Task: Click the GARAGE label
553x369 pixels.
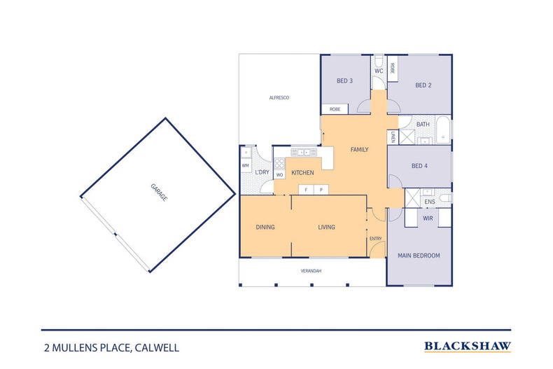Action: (x=157, y=194)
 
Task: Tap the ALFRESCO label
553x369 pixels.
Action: (x=279, y=97)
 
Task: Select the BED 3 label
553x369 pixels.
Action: (x=344, y=81)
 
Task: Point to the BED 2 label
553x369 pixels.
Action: (x=423, y=85)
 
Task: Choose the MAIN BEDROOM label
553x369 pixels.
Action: (x=419, y=256)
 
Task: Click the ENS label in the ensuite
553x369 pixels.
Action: (x=430, y=202)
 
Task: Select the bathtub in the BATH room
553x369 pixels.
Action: (x=443, y=131)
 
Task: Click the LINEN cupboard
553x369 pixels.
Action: (x=393, y=138)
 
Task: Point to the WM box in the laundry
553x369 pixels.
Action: (x=246, y=165)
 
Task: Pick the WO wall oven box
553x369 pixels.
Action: (x=279, y=174)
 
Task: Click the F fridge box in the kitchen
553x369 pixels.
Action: (x=306, y=190)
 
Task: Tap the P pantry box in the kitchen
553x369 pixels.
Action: (x=321, y=190)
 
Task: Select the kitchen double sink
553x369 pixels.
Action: (x=305, y=151)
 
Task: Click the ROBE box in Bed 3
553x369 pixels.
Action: (x=335, y=109)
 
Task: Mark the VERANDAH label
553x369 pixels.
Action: (x=311, y=270)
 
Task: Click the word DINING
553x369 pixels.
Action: (x=265, y=227)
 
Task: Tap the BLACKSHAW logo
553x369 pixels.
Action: (x=468, y=346)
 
